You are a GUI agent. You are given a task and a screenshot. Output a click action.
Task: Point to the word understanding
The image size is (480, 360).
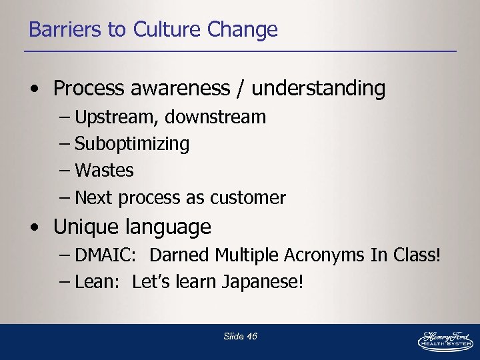click(319, 88)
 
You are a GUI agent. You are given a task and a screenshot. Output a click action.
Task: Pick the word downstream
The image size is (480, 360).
click(215, 117)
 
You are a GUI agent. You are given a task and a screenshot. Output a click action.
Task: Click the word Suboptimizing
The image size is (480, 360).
click(132, 144)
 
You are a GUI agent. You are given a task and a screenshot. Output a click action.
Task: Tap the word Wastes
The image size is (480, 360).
click(104, 171)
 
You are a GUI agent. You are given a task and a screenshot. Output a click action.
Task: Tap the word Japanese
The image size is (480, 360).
click(268, 282)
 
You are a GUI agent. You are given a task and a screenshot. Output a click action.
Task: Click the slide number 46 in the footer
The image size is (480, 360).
click(251, 337)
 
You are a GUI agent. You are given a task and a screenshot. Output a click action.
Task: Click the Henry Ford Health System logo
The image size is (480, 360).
click(445, 340)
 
